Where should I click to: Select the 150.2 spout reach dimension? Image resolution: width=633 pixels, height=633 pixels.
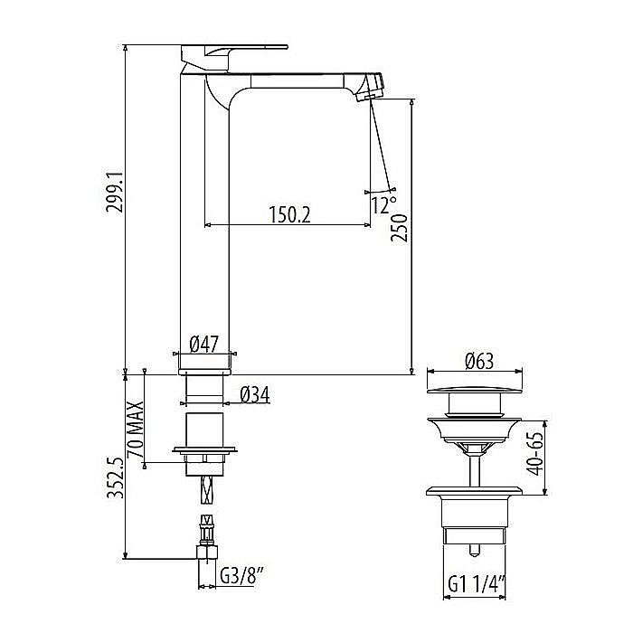point(288,214)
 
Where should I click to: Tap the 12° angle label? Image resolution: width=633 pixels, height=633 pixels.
point(381,204)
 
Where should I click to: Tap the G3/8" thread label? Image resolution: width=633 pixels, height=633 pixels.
point(241,576)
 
